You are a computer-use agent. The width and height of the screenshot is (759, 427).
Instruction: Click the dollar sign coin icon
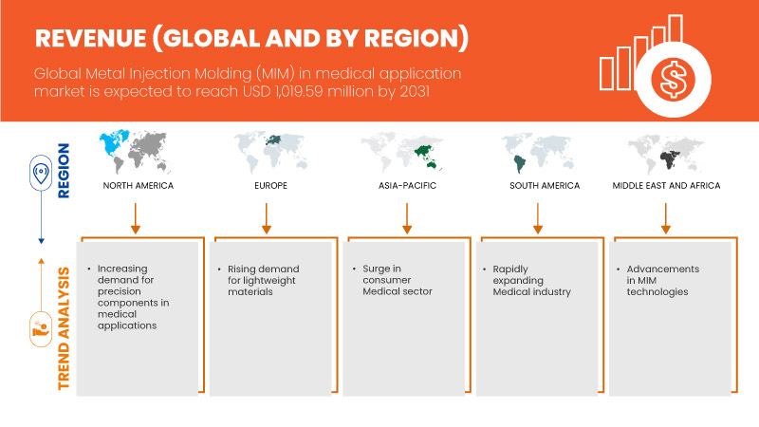(x=674, y=80)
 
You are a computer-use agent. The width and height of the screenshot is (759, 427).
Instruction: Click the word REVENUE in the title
(x=90, y=38)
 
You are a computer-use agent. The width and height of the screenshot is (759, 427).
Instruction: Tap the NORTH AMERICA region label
(x=138, y=185)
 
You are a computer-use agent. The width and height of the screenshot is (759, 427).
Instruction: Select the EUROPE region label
(x=270, y=185)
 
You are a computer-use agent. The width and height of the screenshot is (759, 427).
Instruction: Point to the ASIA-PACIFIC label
(x=407, y=185)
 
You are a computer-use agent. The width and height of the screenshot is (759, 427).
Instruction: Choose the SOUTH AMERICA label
(x=545, y=185)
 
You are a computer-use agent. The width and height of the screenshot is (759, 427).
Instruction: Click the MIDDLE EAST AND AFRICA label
(x=666, y=185)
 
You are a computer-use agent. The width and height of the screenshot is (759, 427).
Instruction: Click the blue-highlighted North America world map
(x=135, y=152)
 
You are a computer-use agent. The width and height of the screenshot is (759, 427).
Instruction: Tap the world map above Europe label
(x=270, y=152)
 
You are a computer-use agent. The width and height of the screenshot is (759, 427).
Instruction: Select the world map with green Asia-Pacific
(x=401, y=152)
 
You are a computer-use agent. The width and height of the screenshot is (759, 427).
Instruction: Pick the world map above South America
(x=537, y=153)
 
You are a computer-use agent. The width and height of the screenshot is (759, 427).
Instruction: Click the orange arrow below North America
(x=136, y=218)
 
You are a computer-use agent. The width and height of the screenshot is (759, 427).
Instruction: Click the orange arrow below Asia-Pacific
(x=407, y=218)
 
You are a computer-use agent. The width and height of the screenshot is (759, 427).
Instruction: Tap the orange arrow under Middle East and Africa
(x=666, y=218)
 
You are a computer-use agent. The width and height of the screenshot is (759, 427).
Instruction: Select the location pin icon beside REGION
(x=41, y=173)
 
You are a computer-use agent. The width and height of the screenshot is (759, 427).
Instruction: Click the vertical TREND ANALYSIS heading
(x=64, y=328)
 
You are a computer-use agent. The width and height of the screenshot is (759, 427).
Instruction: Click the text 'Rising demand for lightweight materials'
(x=264, y=280)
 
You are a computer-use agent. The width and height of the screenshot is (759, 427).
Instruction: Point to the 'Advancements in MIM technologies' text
(x=662, y=280)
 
